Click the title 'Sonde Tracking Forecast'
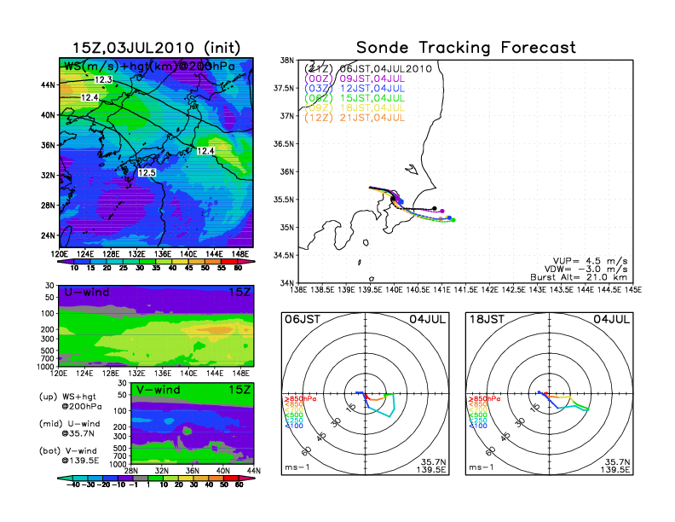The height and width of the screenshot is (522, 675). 465,48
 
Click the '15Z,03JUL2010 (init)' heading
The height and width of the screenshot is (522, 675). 155,48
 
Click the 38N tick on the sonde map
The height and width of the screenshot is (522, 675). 287,61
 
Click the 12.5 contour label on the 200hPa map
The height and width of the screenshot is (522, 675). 147,173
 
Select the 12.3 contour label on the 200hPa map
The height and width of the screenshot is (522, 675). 103,79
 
